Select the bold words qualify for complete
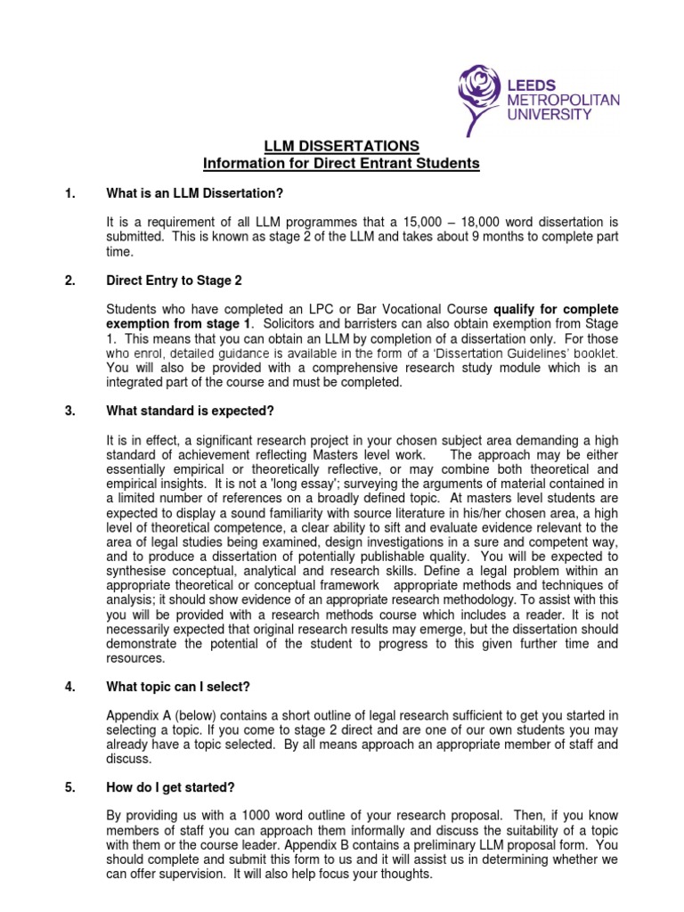coord(556,308)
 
